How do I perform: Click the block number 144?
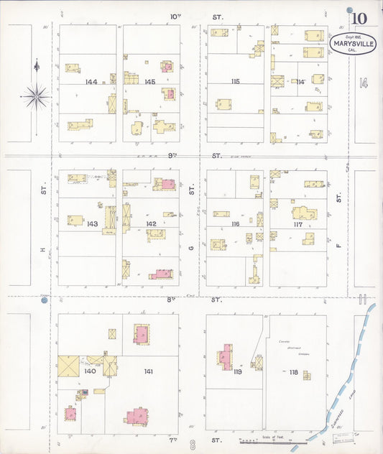[91, 82]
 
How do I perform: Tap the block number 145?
[149, 82]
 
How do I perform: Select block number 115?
[235, 81]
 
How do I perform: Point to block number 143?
[92, 224]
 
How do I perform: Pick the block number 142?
[151, 224]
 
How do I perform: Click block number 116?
[235, 224]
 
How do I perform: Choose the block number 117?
[297, 224]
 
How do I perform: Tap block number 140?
[90, 371]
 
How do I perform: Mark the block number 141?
[149, 371]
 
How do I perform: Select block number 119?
[237, 371]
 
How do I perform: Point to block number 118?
[293, 371]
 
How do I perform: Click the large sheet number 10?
[359, 17]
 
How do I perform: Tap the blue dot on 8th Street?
[44, 300]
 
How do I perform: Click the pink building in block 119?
[227, 357]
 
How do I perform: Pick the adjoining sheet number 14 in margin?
[364, 83]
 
